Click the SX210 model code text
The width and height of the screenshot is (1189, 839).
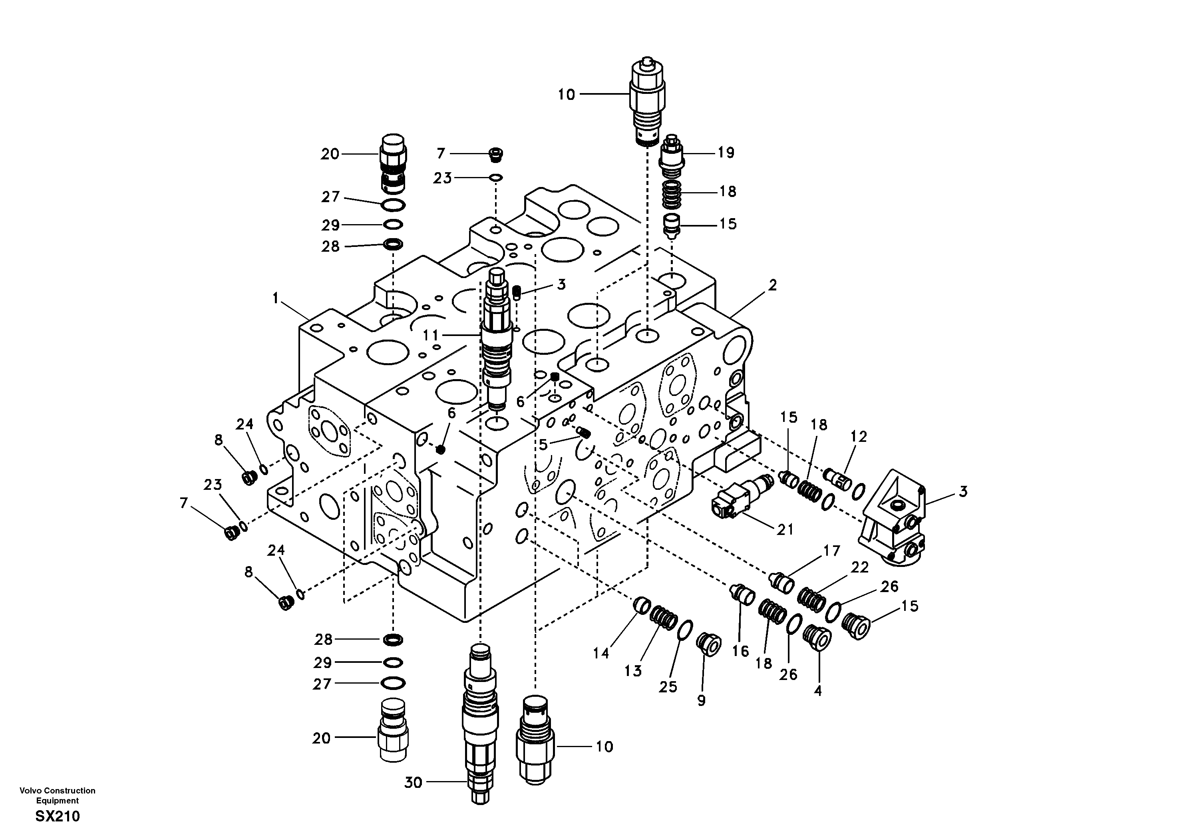[x=58, y=817]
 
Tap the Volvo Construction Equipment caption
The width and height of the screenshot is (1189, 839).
[x=58, y=795]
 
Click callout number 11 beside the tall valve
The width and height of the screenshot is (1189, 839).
[x=430, y=335]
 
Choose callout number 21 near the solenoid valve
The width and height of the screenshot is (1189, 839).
[x=785, y=529]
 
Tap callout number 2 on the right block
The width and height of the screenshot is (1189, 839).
[x=772, y=285]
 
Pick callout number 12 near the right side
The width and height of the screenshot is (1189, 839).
[x=858, y=437]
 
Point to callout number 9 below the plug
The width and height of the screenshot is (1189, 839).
[x=701, y=701]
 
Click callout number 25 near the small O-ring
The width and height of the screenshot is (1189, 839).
[x=668, y=687]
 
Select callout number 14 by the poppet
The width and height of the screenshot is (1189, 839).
[x=601, y=654]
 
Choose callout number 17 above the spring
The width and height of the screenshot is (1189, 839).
[x=831, y=551]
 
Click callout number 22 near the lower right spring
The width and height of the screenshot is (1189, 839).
[x=860, y=568]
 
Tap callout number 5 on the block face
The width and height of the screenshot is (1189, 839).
[x=543, y=444]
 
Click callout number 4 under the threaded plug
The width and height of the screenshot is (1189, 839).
[x=818, y=690]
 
